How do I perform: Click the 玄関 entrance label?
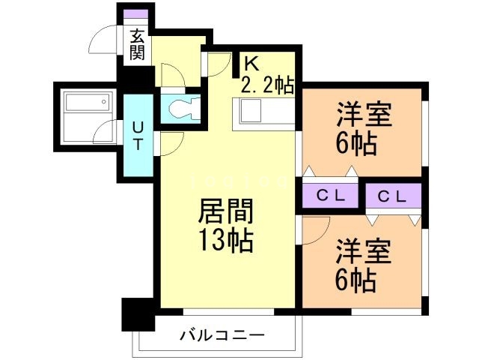pyautogui.click(x=137, y=43)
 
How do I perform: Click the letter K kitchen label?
pyautogui.click(x=249, y=65)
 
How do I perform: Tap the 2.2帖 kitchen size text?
pyautogui.click(x=266, y=85)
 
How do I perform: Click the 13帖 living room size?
pyautogui.click(x=225, y=241)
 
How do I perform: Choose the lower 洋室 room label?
pyautogui.click(x=363, y=250)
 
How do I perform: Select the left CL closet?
pyautogui.click(x=330, y=196)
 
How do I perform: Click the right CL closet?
pyautogui.click(x=392, y=196)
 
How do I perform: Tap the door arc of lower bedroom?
pyautogui.click(x=310, y=232)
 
